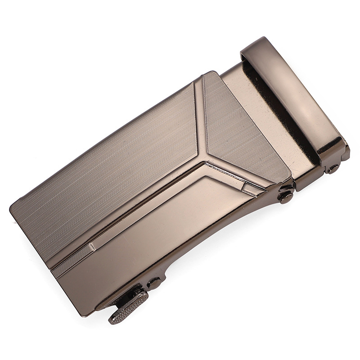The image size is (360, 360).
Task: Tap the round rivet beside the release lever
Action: [154, 283]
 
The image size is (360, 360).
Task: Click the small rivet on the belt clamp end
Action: [333, 168]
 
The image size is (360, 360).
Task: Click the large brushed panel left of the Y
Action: [112, 166]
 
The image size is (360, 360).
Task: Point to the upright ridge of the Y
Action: [199, 117]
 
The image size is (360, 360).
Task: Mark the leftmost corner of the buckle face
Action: [11, 208]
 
